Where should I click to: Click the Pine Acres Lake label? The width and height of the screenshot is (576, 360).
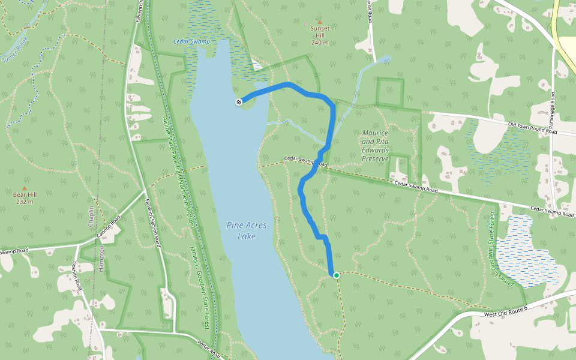[247, 230]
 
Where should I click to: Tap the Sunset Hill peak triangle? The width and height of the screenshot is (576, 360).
[319, 22]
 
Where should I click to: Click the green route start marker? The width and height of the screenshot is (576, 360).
[337, 275]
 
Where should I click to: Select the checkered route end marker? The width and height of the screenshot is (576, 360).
[239, 102]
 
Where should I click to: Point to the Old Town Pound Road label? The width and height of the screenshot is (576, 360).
[532, 127]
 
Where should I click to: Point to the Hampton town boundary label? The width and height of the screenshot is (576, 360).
[101, 258]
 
